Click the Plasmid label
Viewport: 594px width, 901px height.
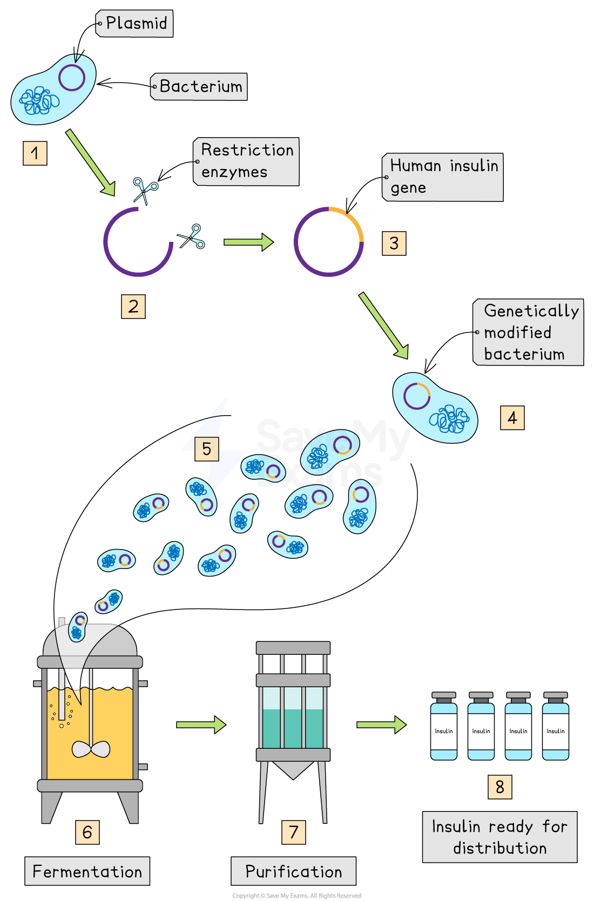click(x=134, y=24)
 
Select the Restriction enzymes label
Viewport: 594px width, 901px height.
click(x=246, y=161)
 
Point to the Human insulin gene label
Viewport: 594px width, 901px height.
click(x=443, y=177)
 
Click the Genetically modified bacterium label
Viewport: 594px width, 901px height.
click(x=529, y=332)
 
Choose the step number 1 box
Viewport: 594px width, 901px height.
click(x=35, y=153)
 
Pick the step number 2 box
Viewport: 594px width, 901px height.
click(x=133, y=306)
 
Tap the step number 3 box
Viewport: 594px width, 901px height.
click(x=394, y=243)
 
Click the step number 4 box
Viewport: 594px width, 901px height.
click(x=512, y=418)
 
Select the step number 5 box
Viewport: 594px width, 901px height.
click(x=207, y=449)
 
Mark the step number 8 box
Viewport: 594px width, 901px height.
click(x=500, y=787)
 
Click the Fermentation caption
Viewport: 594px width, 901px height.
click(x=87, y=871)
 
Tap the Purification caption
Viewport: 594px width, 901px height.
click(x=294, y=871)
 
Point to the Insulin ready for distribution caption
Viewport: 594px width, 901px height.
click(x=500, y=837)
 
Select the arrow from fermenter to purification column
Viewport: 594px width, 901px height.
click(x=201, y=724)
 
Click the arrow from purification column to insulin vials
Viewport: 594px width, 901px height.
click(x=381, y=724)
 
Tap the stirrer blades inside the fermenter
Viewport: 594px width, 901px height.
click(x=91, y=749)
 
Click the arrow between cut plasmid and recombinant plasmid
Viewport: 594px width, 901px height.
click(x=248, y=242)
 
